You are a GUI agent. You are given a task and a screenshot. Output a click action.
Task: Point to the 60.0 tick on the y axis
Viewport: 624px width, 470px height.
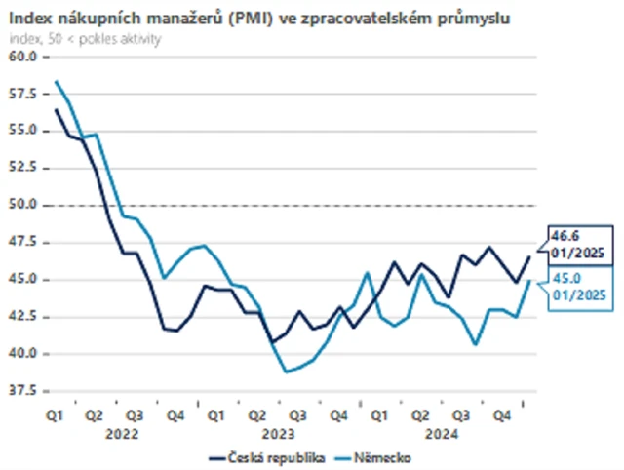[23, 57]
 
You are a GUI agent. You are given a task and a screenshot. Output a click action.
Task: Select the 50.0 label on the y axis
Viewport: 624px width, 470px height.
[23, 206]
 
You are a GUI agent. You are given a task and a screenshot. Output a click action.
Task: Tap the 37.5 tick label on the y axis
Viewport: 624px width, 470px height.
[23, 392]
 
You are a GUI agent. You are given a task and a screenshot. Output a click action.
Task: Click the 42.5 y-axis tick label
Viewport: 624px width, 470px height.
[23, 318]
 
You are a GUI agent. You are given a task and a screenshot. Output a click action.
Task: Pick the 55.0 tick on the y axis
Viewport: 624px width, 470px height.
[23, 131]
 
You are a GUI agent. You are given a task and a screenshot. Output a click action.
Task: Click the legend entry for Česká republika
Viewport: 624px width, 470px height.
[267, 456]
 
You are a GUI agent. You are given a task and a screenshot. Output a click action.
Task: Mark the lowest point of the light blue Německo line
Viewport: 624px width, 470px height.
[286, 372]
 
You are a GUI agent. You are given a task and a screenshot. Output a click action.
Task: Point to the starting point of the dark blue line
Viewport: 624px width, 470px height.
[57, 109]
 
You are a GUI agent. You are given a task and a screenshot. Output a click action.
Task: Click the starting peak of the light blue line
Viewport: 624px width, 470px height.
[57, 81]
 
